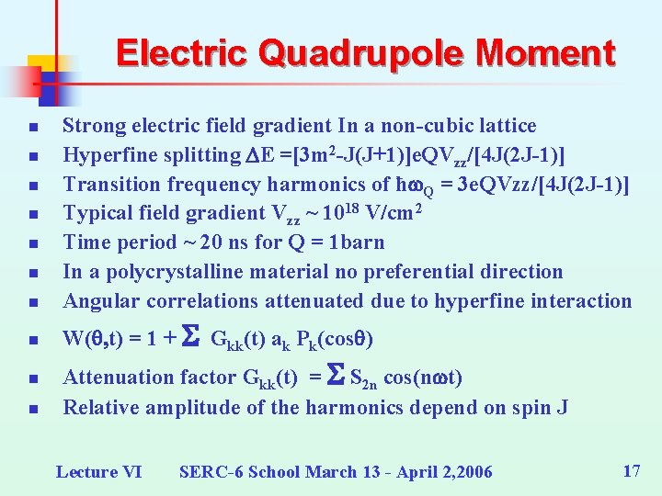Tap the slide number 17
(x=631, y=471)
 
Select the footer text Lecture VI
(x=99, y=472)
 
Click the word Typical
(x=94, y=213)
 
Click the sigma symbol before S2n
(x=337, y=376)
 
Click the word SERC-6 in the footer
(x=208, y=472)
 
